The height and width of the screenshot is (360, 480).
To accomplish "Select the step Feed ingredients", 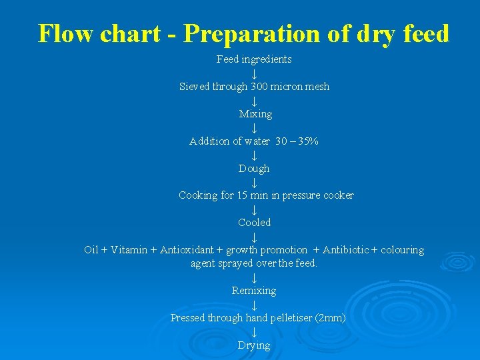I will pyautogui.click(x=254, y=59).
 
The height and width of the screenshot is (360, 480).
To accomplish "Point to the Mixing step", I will pyautogui.click(x=255, y=114).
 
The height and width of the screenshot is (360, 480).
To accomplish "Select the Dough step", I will pyautogui.click(x=254, y=169).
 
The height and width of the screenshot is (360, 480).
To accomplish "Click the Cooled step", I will pyautogui.click(x=255, y=223).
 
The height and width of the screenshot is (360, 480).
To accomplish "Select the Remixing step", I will pyautogui.click(x=254, y=291).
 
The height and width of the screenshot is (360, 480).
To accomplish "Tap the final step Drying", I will pyautogui.click(x=254, y=345).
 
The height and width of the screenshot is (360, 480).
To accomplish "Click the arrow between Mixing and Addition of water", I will pyautogui.click(x=254, y=128).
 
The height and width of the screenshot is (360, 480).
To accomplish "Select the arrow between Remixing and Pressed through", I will pyautogui.click(x=254, y=305).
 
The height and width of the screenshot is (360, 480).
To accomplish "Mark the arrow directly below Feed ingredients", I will pyautogui.click(x=254, y=73).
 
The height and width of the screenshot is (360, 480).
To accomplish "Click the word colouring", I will pyautogui.click(x=402, y=250).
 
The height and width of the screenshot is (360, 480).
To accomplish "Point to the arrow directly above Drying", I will pyautogui.click(x=254, y=332).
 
